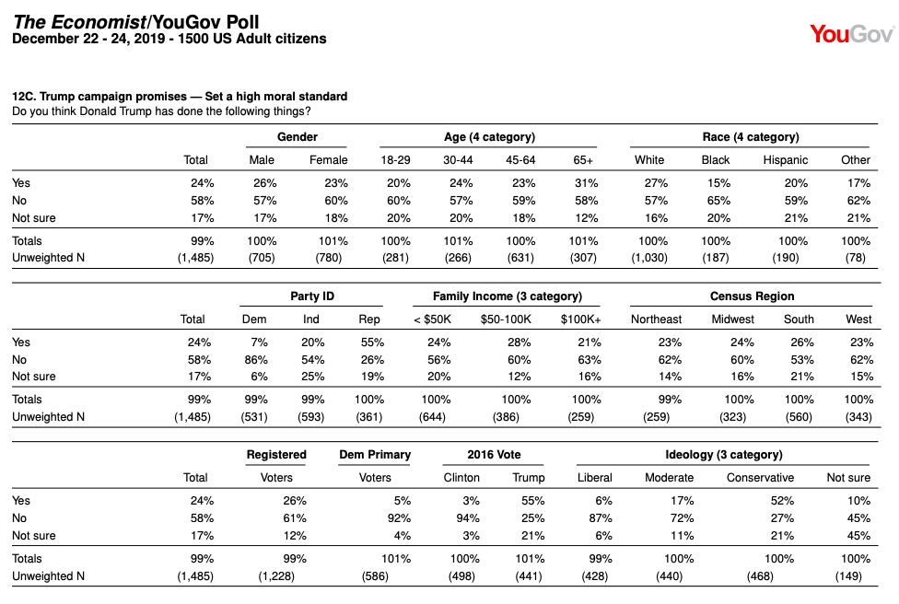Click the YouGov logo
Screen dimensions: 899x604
tap(852, 34)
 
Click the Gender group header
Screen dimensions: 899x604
tap(297, 137)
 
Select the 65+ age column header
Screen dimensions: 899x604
tap(583, 160)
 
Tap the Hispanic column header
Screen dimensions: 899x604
tap(785, 160)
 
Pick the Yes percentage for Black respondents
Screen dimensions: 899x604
tap(718, 183)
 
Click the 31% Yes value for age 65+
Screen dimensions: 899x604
tap(586, 183)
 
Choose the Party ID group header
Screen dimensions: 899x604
tap(312, 296)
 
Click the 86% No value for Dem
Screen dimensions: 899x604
tap(256, 360)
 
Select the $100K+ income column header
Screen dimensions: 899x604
tap(581, 319)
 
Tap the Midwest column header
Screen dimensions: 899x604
tap(732, 319)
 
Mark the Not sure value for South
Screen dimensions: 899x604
tap(802, 377)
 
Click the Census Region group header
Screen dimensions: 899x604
tap(753, 296)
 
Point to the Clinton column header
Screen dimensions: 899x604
tap(461, 477)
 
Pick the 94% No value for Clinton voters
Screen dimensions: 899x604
tap(468, 518)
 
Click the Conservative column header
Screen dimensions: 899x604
tap(760, 477)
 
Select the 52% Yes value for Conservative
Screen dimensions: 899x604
tap(782, 501)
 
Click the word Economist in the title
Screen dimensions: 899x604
tap(98, 22)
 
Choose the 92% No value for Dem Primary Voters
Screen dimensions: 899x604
tap(399, 518)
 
